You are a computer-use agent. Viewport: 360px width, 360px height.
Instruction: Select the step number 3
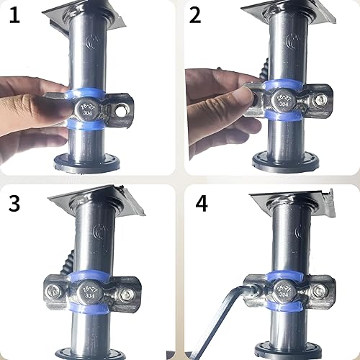click(14, 203)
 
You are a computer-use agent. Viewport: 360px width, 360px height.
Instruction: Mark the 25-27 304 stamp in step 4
click(282, 293)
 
